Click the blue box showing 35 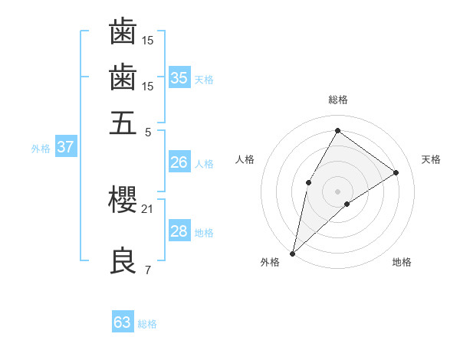click(179, 77)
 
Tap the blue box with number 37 click(65, 146)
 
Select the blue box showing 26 click(179, 162)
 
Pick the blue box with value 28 click(179, 231)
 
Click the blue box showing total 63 click(123, 322)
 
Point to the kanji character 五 click(123, 123)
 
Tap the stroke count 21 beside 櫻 click(147, 208)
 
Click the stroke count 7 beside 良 click(147, 270)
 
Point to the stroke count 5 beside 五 click(148, 131)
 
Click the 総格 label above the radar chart click(337, 100)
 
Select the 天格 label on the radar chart click(431, 159)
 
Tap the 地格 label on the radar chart click(402, 262)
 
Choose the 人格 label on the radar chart click(245, 159)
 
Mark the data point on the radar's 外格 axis click(292, 253)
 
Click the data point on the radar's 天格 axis click(396, 172)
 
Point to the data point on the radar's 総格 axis click(337, 130)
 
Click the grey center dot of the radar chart click(337, 191)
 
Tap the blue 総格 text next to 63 click(148, 324)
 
